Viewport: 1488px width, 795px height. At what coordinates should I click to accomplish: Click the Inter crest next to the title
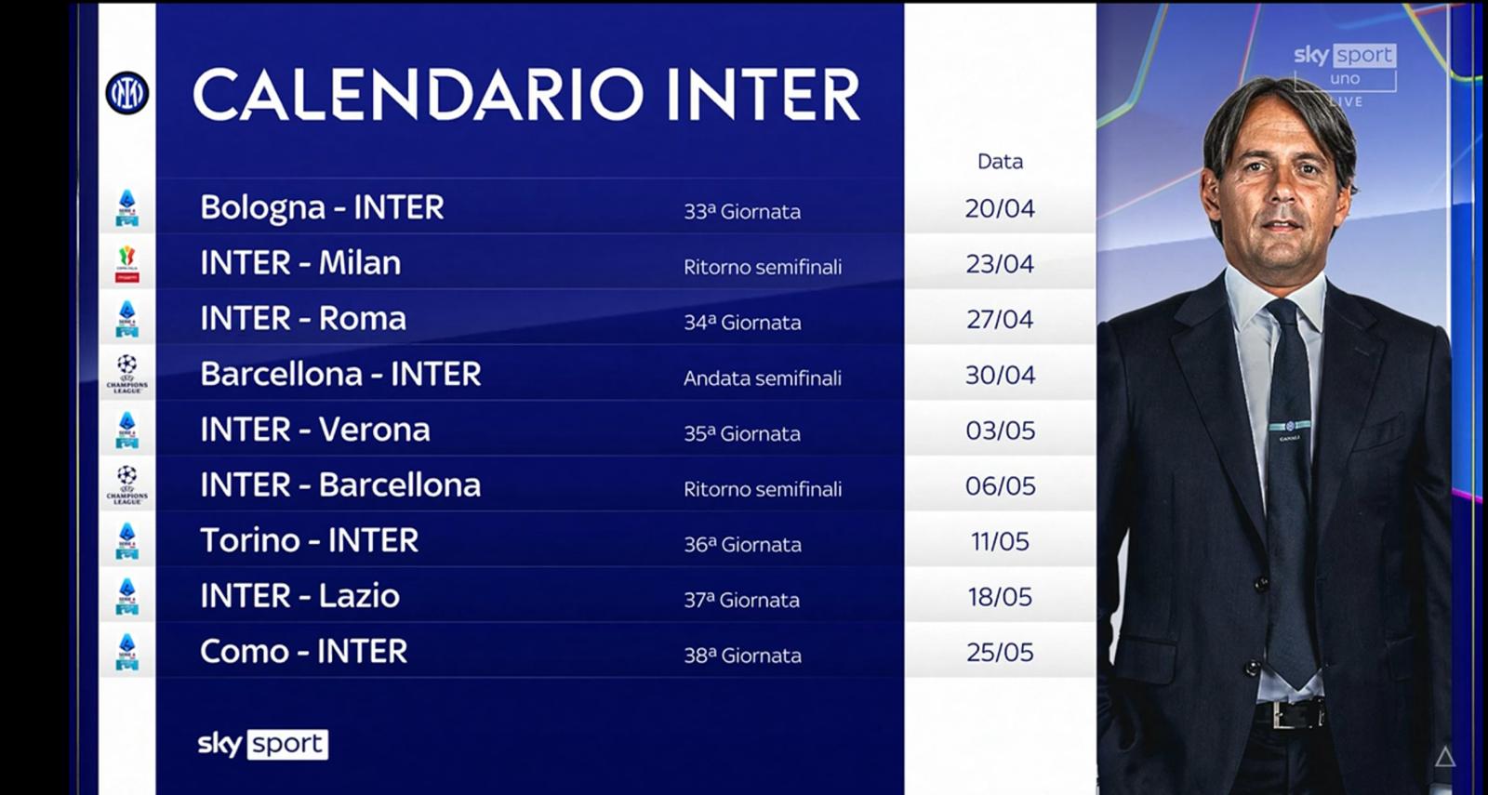pyautogui.click(x=126, y=93)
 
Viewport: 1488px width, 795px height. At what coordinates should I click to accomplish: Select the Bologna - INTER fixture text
pyautogui.click(x=322, y=208)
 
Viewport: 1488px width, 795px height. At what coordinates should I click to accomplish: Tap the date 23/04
pyautogui.click(x=1000, y=264)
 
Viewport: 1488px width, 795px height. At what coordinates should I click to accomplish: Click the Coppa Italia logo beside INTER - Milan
pyautogui.click(x=126, y=264)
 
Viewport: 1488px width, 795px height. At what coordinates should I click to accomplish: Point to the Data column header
pyautogui.click(x=1000, y=162)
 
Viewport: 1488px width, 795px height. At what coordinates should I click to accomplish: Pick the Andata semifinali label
pyautogui.click(x=763, y=378)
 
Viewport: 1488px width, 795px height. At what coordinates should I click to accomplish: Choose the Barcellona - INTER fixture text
pyautogui.click(x=340, y=374)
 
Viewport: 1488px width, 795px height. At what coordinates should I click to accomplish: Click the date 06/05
pyautogui.click(x=1000, y=486)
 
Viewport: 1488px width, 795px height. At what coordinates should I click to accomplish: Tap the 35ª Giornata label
pyautogui.click(x=743, y=433)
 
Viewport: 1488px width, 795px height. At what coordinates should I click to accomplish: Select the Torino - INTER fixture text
pyautogui.click(x=310, y=540)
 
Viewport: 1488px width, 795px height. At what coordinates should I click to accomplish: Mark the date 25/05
pyautogui.click(x=1000, y=653)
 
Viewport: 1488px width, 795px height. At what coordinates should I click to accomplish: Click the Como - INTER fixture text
pyautogui.click(x=303, y=652)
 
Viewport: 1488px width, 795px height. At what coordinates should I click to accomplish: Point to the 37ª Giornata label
pyautogui.click(x=742, y=601)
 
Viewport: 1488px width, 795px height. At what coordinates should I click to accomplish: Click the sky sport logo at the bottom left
pyautogui.click(x=263, y=745)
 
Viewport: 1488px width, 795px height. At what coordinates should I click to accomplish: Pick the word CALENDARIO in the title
pyautogui.click(x=418, y=94)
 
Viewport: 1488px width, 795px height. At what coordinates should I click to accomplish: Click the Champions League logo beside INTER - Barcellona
pyautogui.click(x=126, y=485)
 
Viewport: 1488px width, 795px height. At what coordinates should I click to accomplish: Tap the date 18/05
pyautogui.click(x=1000, y=597)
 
